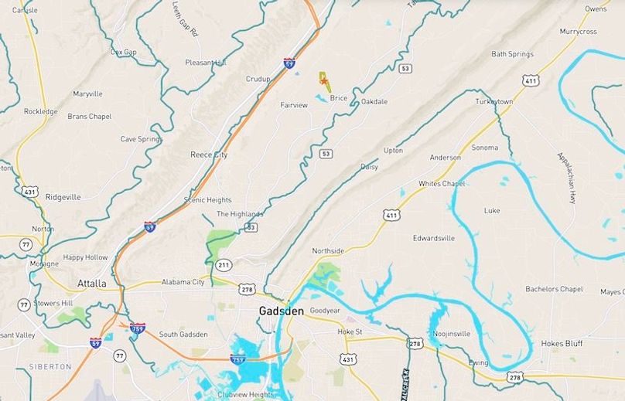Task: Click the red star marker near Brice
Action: (324, 80)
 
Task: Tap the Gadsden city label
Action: (281, 311)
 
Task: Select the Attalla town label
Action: (91, 284)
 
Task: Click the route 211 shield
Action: (224, 265)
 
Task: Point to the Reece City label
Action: (209, 155)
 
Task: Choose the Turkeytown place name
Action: (494, 102)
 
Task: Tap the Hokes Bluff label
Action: (562, 343)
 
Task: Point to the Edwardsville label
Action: (433, 238)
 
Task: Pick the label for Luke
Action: (492, 210)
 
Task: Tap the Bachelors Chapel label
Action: (554, 289)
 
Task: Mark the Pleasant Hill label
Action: (206, 63)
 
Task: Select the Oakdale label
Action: (374, 102)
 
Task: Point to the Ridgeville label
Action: (63, 197)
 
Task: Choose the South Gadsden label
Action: (183, 334)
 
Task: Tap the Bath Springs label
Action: (512, 54)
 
